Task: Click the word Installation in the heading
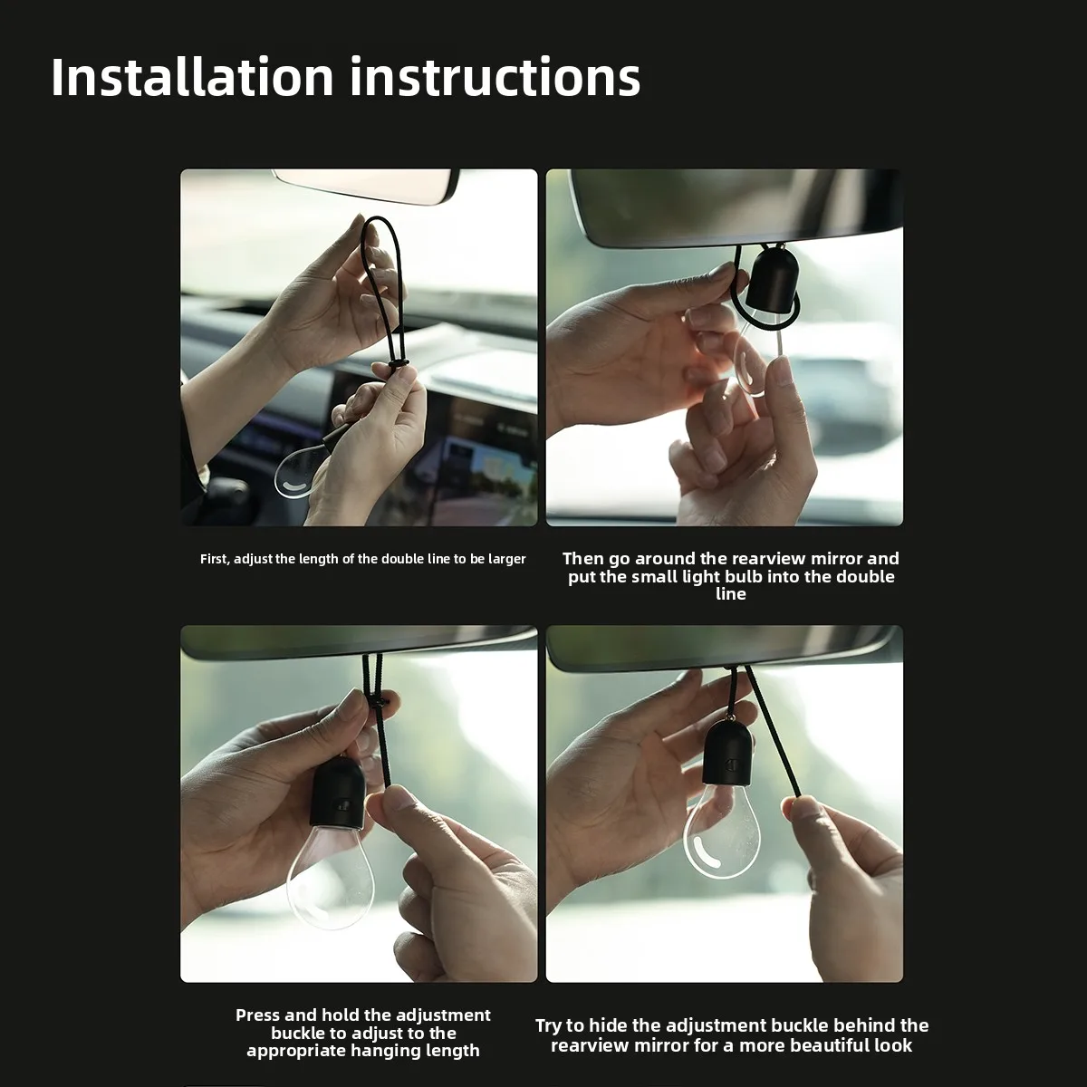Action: pyautogui.click(x=192, y=77)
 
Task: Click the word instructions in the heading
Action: pyautogui.click(x=495, y=77)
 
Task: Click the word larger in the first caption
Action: pyautogui.click(x=506, y=560)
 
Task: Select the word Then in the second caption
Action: pyautogui.click(x=582, y=559)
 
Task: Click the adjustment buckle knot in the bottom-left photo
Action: pyautogui.click(x=379, y=703)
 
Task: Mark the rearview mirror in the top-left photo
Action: pyautogui.click(x=367, y=187)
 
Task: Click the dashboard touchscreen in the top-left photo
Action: pyautogui.click(x=451, y=451)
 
